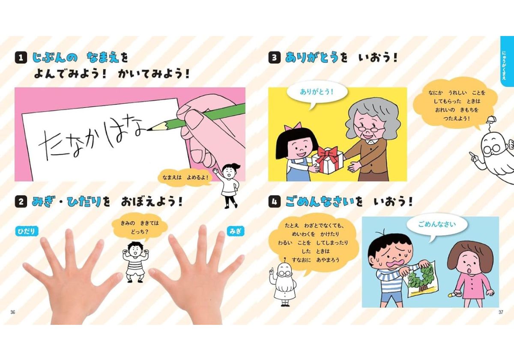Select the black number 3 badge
click(274, 57)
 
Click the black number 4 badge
click(274, 202)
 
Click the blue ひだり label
click(27, 231)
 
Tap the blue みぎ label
click(235, 231)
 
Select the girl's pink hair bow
click(296, 127)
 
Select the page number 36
click(13, 312)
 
